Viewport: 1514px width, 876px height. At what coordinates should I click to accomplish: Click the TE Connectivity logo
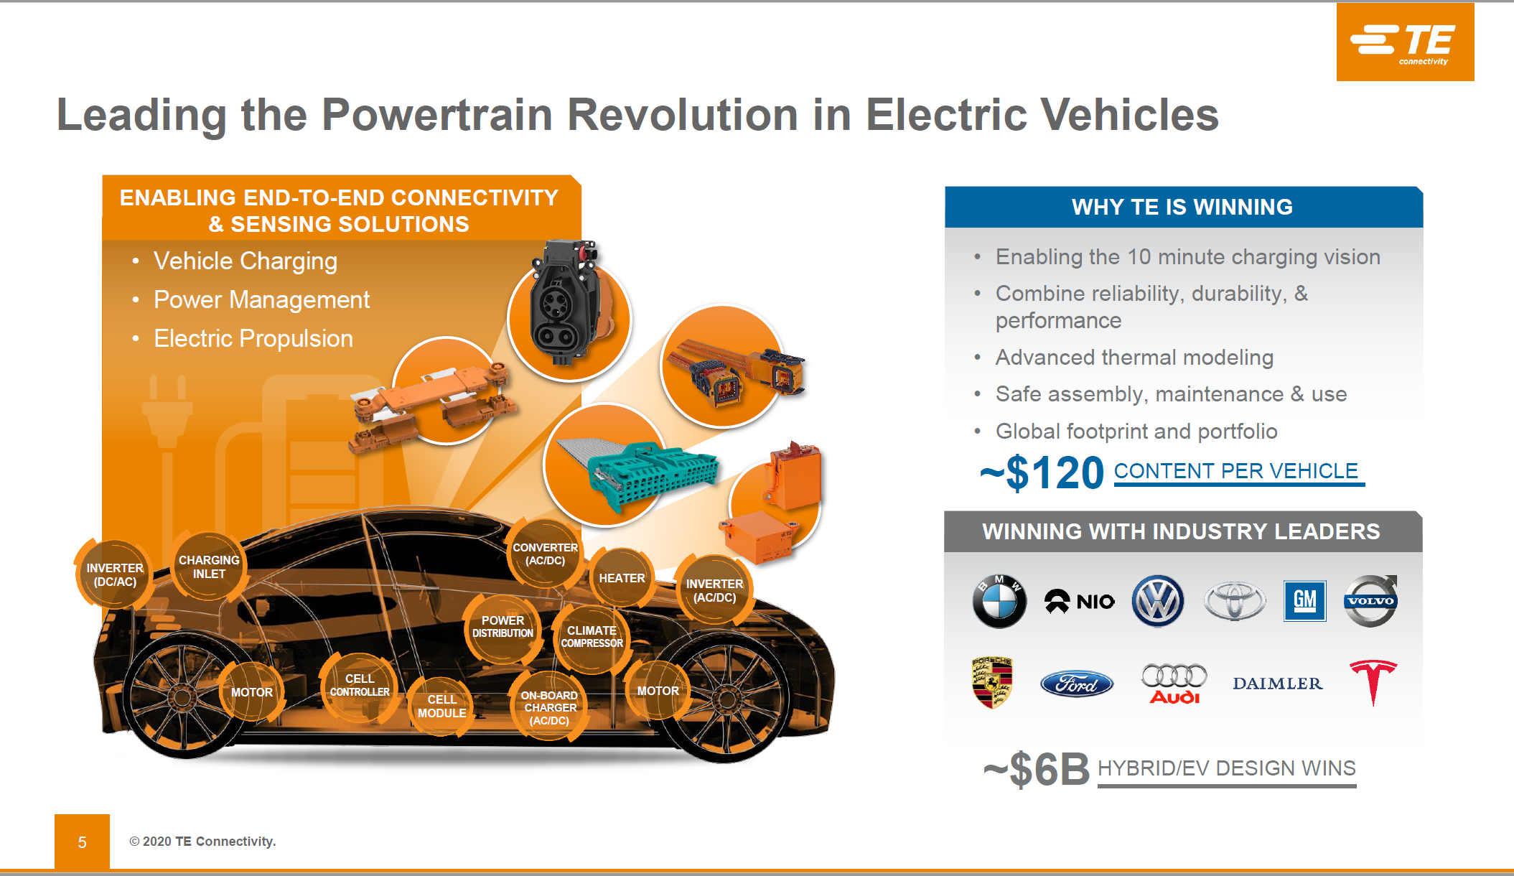click(x=1405, y=42)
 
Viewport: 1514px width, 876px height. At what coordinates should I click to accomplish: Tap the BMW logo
click(x=999, y=601)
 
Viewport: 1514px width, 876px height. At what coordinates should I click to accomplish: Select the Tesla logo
click(x=1373, y=682)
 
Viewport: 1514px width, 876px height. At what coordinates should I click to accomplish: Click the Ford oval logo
click(x=1077, y=684)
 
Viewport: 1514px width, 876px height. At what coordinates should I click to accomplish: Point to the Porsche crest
click(x=992, y=682)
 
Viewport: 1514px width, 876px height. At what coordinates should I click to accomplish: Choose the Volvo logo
click(x=1370, y=600)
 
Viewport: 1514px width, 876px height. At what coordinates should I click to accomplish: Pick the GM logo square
click(x=1304, y=601)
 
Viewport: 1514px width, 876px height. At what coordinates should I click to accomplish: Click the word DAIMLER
click(x=1277, y=684)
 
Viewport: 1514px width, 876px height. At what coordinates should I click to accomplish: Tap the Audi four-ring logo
click(x=1174, y=683)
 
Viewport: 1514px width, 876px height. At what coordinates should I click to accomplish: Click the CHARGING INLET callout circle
click(x=209, y=567)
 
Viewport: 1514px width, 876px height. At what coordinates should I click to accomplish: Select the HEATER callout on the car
click(x=622, y=578)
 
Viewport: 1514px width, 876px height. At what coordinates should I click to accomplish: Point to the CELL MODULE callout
click(x=441, y=707)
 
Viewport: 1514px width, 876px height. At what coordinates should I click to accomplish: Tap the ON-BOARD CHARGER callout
click(x=549, y=708)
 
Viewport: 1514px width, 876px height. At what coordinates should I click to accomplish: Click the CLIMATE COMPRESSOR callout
click(x=592, y=637)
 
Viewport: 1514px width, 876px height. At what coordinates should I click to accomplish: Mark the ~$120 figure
click(x=1042, y=473)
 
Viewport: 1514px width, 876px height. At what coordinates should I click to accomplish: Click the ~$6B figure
click(x=1036, y=769)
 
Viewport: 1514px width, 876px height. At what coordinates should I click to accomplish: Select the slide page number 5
click(x=83, y=842)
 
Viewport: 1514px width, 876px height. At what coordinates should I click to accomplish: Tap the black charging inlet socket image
click(x=565, y=302)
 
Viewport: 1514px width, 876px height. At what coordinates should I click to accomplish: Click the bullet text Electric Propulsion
click(x=253, y=338)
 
